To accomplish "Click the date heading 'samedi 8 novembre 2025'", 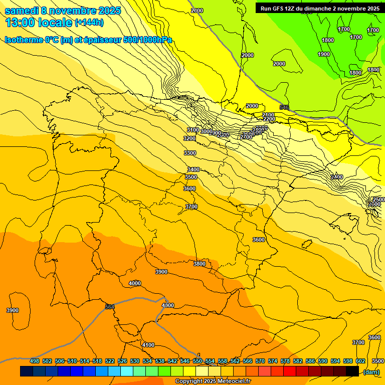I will click(63, 11).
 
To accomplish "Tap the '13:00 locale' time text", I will click(38, 23).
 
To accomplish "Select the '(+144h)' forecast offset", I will click(89, 23).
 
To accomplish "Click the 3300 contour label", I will click(189, 153).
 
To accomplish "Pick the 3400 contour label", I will click(193, 170).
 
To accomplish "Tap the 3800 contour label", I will click(200, 264).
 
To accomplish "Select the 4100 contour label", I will click(148, 345).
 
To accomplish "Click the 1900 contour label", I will click(324, 54).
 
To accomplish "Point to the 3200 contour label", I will click(189, 138).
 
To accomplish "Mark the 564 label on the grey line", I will click(110, 307).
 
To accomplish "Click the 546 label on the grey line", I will click(284, 108).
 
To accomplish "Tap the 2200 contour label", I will click(269, 119).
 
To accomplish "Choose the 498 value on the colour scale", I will click(35, 361).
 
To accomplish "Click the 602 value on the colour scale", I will click(360, 361).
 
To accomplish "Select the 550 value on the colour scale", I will click(198, 361).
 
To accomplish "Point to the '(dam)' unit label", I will click(371, 371).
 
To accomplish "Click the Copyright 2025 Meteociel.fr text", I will click(213, 381).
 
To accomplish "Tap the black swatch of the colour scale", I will click(352, 371).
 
